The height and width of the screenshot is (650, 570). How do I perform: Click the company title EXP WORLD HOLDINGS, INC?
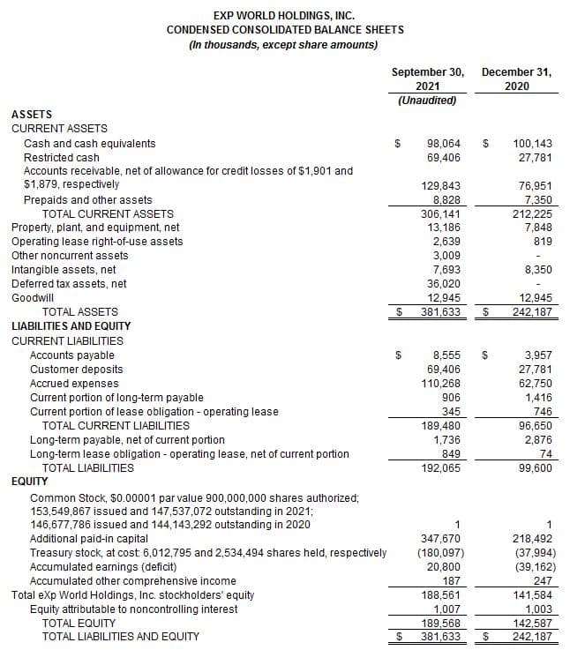(284, 15)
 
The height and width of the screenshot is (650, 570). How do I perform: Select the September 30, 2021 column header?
(428, 79)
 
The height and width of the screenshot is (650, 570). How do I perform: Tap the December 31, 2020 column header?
(517, 79)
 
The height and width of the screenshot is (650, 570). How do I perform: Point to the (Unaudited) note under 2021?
(428, 101)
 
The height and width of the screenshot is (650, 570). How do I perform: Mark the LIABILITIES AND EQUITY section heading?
(67, 326)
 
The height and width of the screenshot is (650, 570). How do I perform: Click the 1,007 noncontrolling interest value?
(446, 609)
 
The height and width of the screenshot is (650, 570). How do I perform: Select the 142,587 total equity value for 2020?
(532, 623)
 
